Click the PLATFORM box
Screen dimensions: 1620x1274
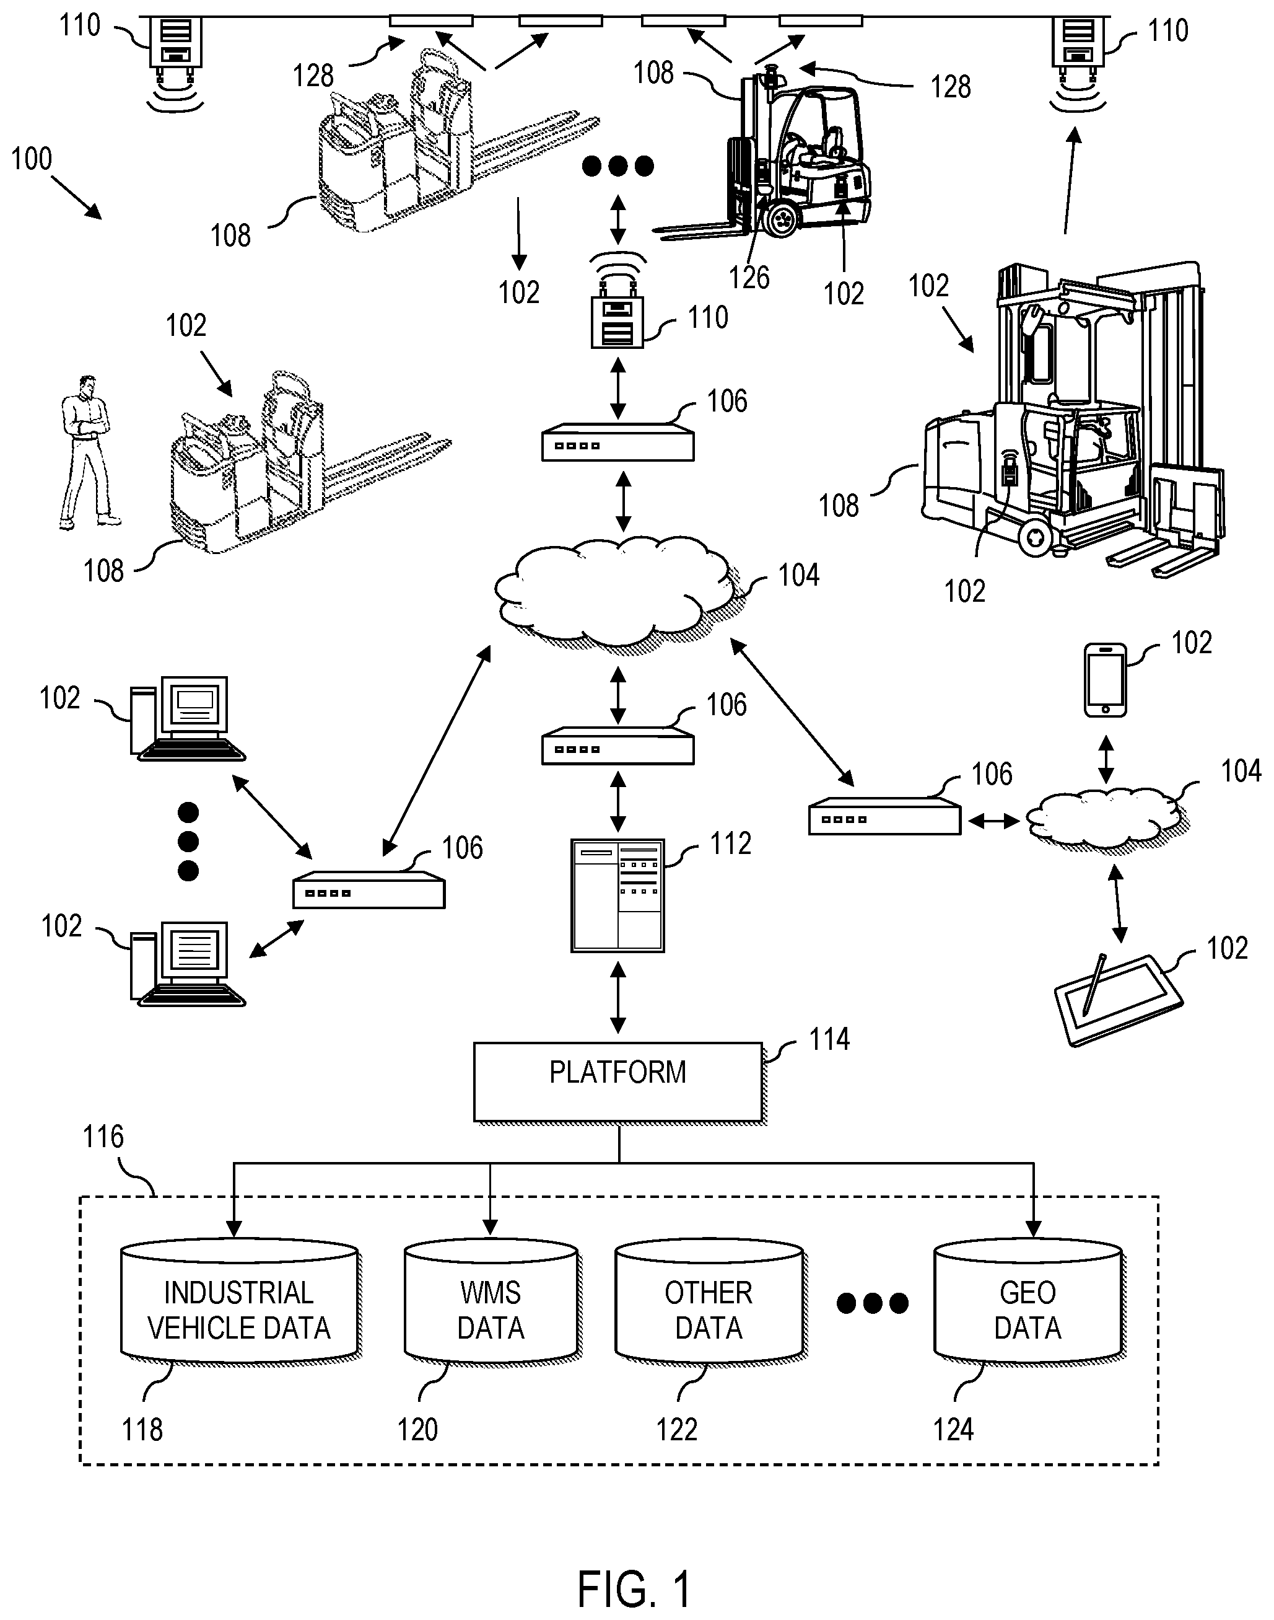[617, 1081]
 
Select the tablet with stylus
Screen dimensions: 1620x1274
[1117, 1000]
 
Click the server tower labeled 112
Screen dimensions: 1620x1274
[617, 895]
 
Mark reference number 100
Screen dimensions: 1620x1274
[32, 159]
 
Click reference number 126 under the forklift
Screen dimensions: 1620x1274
[749, 278]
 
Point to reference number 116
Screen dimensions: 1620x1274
[103, 1137]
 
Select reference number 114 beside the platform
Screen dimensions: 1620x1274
[829, 1039]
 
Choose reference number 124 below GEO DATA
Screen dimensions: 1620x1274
[953, 1430]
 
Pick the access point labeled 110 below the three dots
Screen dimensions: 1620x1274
[617, 322]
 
